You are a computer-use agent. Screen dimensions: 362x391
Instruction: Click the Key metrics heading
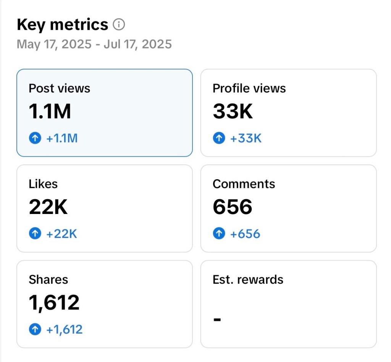[x=63, y=25]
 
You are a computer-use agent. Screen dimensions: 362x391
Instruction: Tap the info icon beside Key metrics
[x=119, y=25]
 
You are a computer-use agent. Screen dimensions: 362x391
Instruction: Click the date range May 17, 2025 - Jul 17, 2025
[x=94, y=44]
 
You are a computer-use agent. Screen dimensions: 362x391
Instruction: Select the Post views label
[x=60, y=88]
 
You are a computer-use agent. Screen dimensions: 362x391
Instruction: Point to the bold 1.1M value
[x=50, y=111]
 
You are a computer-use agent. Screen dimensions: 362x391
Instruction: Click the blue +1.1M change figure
[x=62, y=138]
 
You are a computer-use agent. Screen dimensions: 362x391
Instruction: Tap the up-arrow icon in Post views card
[x=35, y=138]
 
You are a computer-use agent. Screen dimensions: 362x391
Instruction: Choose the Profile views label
[x=249, y=88]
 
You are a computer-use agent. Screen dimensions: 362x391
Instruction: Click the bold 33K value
[x=233, y=111]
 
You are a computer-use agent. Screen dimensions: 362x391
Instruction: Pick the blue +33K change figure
[x=246, y=138]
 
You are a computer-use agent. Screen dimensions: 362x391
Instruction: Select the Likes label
[x=43, y=184]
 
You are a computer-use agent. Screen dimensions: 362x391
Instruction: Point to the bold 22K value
[x=48, y=207]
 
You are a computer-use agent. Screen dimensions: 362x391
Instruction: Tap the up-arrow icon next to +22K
[x=35, y=233]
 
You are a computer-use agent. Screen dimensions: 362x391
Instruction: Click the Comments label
[x=244, y=184]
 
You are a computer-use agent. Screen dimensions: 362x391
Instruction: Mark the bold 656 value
[x=233, y=207]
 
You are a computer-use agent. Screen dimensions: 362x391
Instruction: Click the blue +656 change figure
[x=245, y=233]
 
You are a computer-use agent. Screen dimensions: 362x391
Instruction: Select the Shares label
[x=48, y=280]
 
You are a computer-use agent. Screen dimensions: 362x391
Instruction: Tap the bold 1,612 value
[x=54, y=302]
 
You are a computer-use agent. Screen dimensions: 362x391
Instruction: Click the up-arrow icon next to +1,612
[x=35, y=329]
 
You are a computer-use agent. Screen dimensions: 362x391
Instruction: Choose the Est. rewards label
[x=248, y=280]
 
